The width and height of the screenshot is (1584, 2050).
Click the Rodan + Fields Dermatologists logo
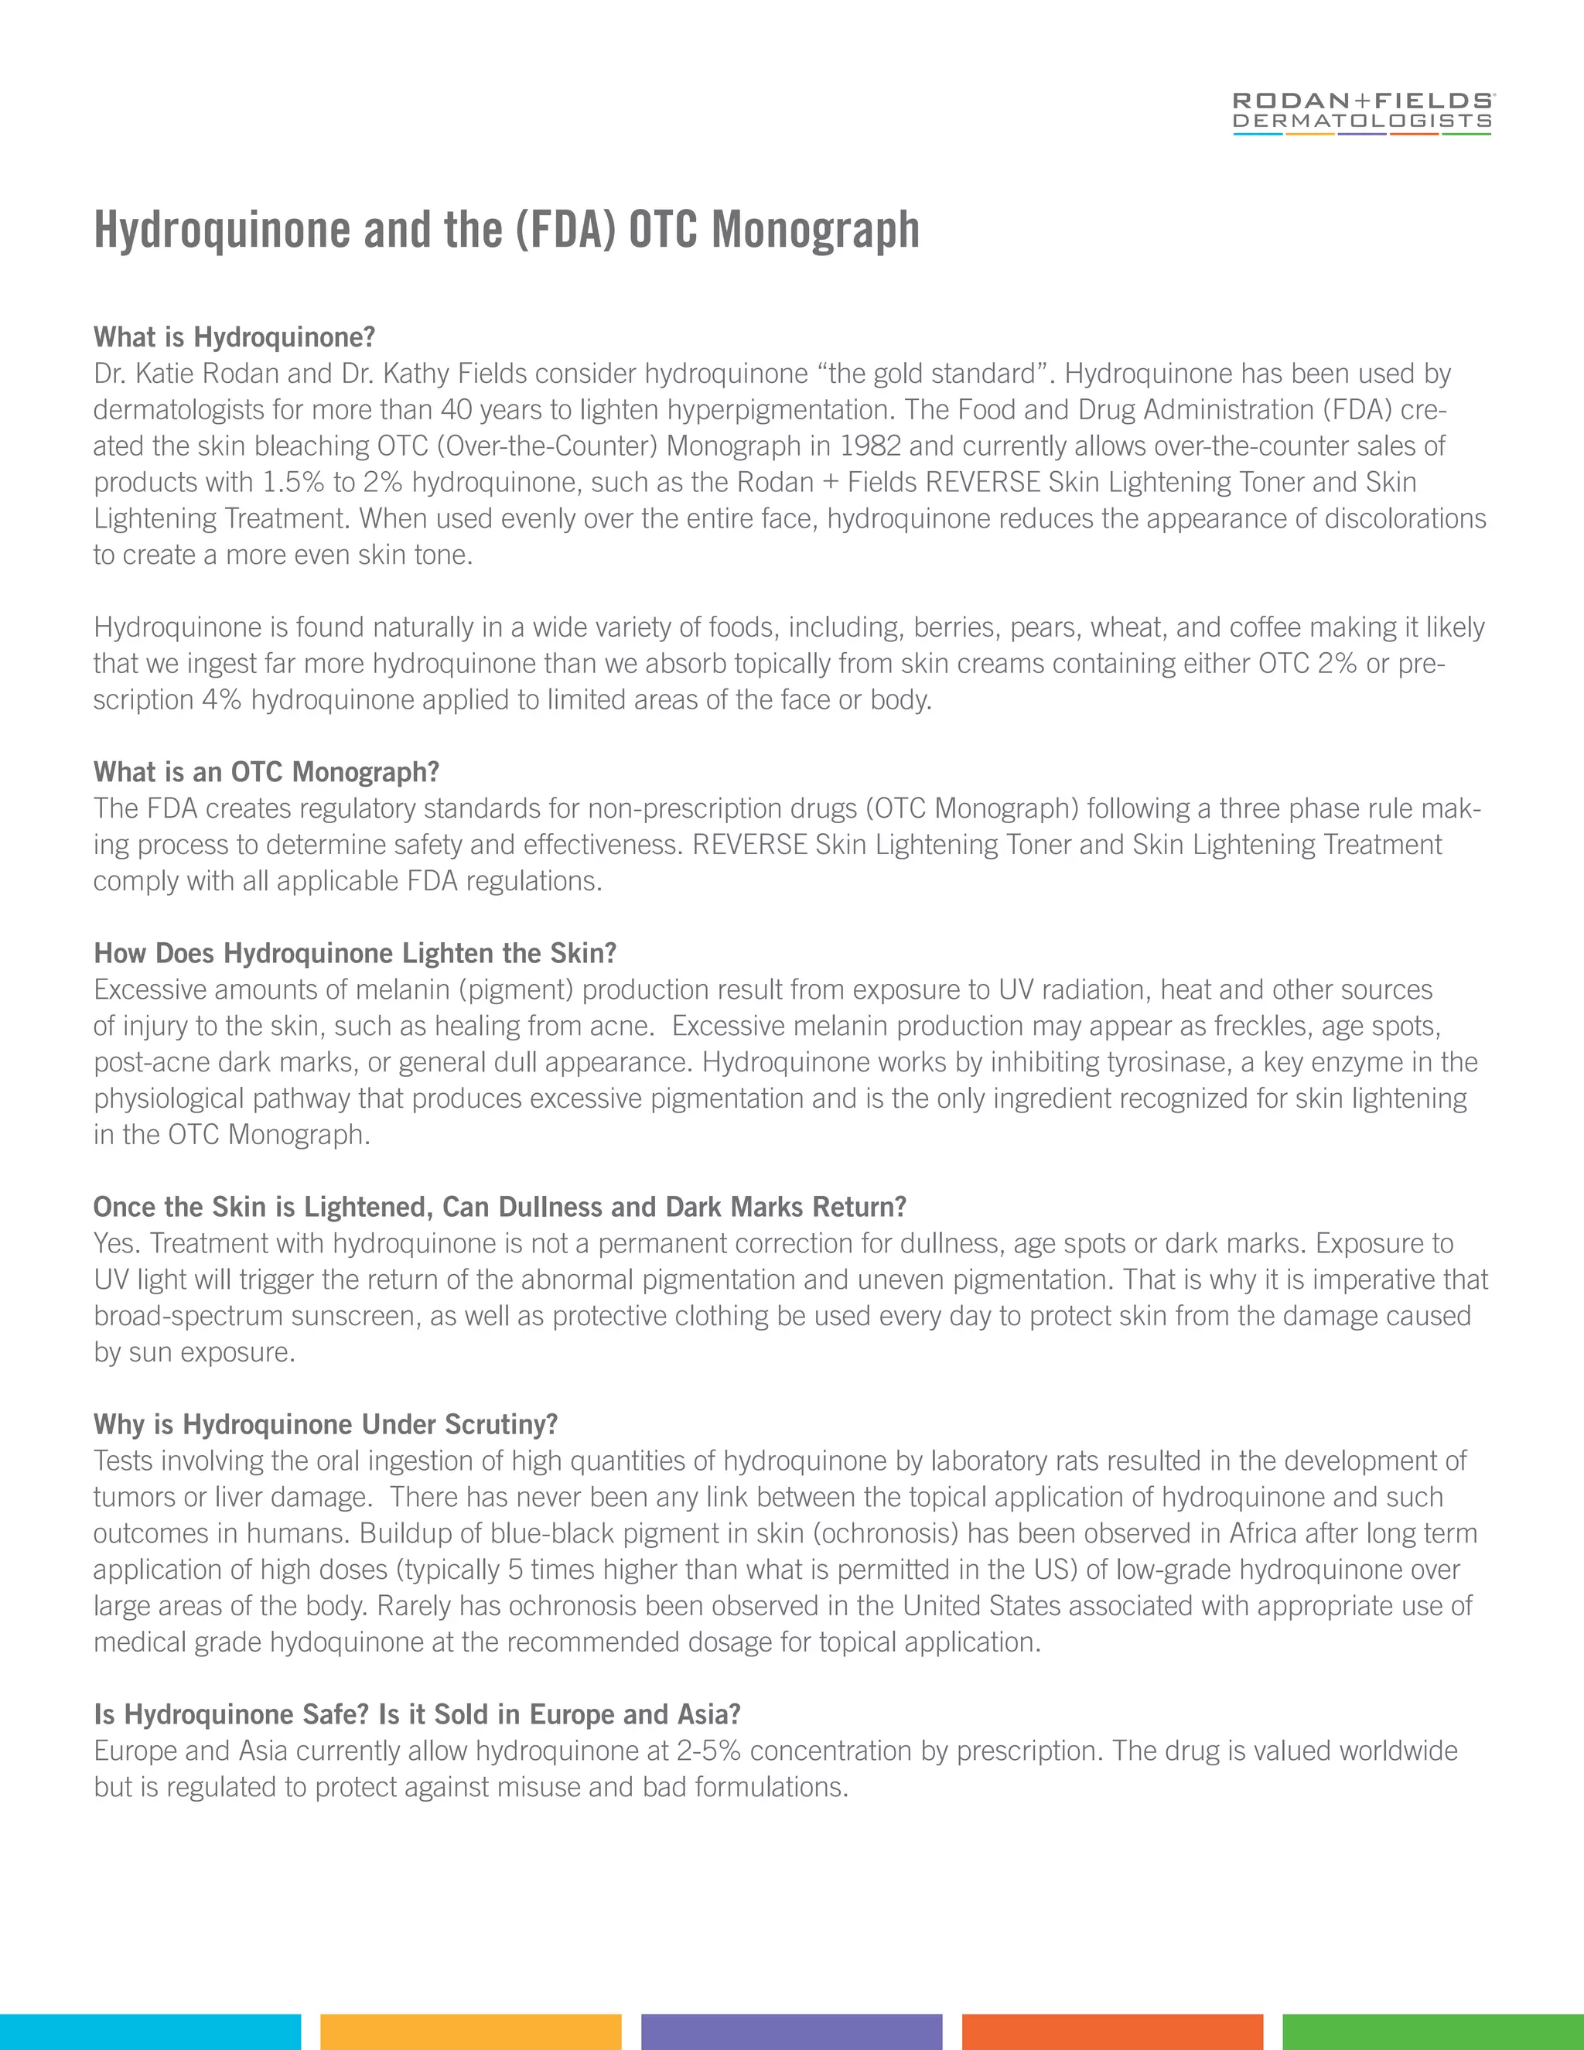pos(1361,113)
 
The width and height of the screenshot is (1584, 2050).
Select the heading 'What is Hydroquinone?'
pos(234,337)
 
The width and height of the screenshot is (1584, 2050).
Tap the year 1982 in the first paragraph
pos(870,446)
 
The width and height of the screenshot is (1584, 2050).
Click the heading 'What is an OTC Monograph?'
pos(267,771)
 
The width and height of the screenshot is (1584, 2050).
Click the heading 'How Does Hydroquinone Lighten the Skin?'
pos(355,953)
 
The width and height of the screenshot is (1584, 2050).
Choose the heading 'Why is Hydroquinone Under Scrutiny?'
pos(326,1424)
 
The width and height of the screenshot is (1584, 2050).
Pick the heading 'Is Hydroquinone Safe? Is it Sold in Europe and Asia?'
pos(417,1714)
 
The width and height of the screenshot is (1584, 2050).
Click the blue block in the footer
pos(150,2031)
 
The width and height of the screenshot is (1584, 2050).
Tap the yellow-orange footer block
pos(470,2031)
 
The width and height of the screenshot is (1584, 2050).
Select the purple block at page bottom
pos(791,2031)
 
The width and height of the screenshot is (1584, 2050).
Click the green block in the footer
pos(1433,2031)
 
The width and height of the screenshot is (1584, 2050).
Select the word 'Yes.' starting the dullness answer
pos(118,1243)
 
